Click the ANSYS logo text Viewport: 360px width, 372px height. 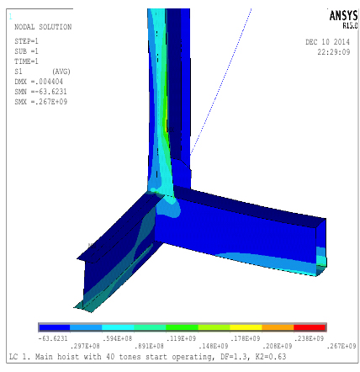(x=343, y=16)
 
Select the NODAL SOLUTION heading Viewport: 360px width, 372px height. (x=43, y=27)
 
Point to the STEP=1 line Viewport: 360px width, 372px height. (x=26, y=41)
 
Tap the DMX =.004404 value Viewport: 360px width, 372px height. (x=39, y=82)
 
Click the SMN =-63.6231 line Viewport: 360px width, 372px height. (x=40, y=92)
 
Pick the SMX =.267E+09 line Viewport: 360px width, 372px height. (x=41, y=102)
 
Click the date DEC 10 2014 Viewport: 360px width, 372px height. (x=327, y=42)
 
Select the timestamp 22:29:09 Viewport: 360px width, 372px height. (x=334, y=52)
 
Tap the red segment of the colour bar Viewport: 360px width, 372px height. (x=310, y=327)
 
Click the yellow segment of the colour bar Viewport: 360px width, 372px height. (x=246, y=327)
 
